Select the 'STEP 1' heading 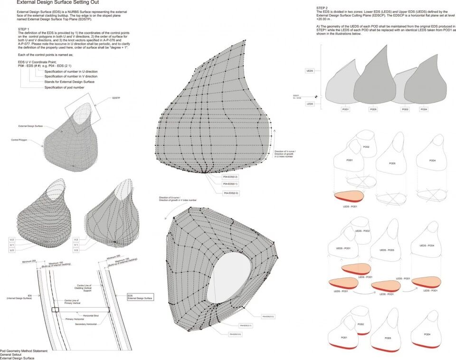pyautogui.click(x=23, y=29)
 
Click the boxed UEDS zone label pyautogui.click(x=309, y=71)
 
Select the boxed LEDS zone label pyautogui.click(x=309, y=103)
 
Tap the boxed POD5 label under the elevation pyautogui.click(x=374, y=109)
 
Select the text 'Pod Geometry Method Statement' pyautogui.click(x=24, y=351)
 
